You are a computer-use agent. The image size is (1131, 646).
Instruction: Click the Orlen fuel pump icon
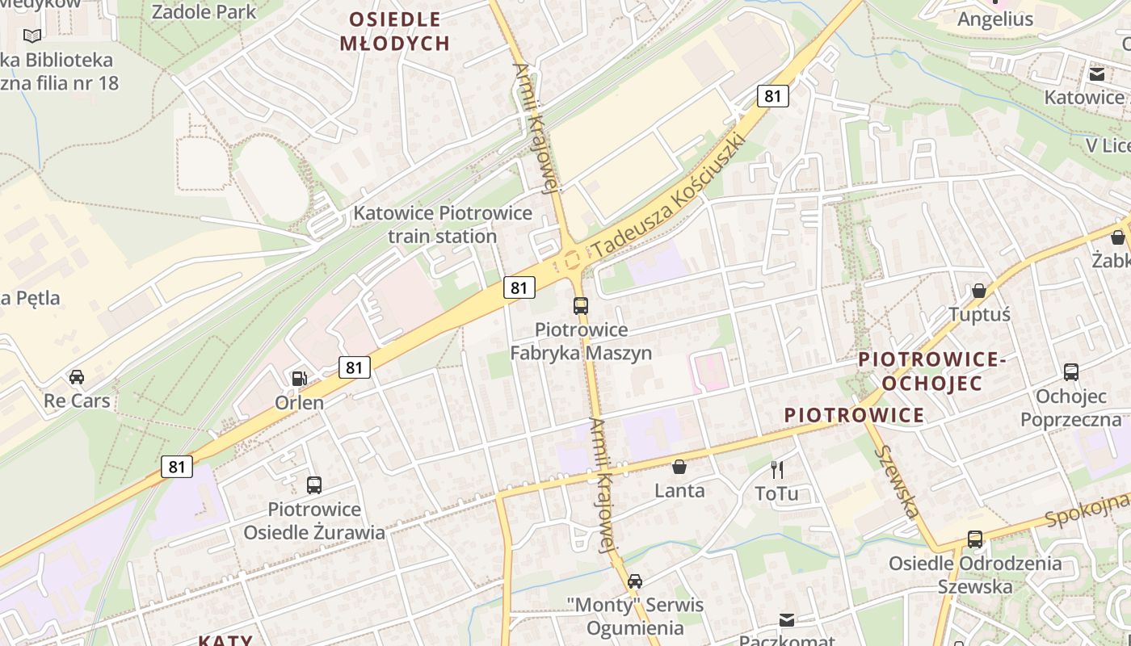[x=299, y=378]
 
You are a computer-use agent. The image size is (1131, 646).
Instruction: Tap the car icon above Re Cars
[x=77, y=377]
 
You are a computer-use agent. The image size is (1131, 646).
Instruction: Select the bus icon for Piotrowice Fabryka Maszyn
[x=581, y=305]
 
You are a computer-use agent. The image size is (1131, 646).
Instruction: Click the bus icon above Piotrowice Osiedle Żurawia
[x=314, y=485]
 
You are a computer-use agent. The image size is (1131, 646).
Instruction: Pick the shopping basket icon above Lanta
[x=679, y=467]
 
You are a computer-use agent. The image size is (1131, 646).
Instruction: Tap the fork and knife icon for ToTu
[x=777, y=469]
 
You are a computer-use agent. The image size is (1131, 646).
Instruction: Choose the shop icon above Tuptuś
[x=979, y=291]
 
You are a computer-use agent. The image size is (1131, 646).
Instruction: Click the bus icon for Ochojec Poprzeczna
[x=1071, y=372]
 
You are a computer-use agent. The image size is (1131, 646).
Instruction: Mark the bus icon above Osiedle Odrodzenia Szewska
[x=975, y=539]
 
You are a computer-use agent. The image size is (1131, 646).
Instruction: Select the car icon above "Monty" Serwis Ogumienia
[x=635, y=581]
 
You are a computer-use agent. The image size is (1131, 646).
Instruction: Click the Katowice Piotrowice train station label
[x=443, y=224]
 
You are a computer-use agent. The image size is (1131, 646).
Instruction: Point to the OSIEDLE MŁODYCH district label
[x=395, y=31]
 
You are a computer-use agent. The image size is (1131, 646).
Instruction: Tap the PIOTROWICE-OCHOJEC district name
[x=931, y=371]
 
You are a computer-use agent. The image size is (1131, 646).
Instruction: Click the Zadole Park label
[x=204, y=12]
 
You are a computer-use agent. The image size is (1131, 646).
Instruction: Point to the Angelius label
[x=995, y=19]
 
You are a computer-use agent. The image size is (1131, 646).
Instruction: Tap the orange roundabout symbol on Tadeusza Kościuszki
[x=574, y=260]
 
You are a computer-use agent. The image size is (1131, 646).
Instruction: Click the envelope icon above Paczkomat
[x=787, y=619]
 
